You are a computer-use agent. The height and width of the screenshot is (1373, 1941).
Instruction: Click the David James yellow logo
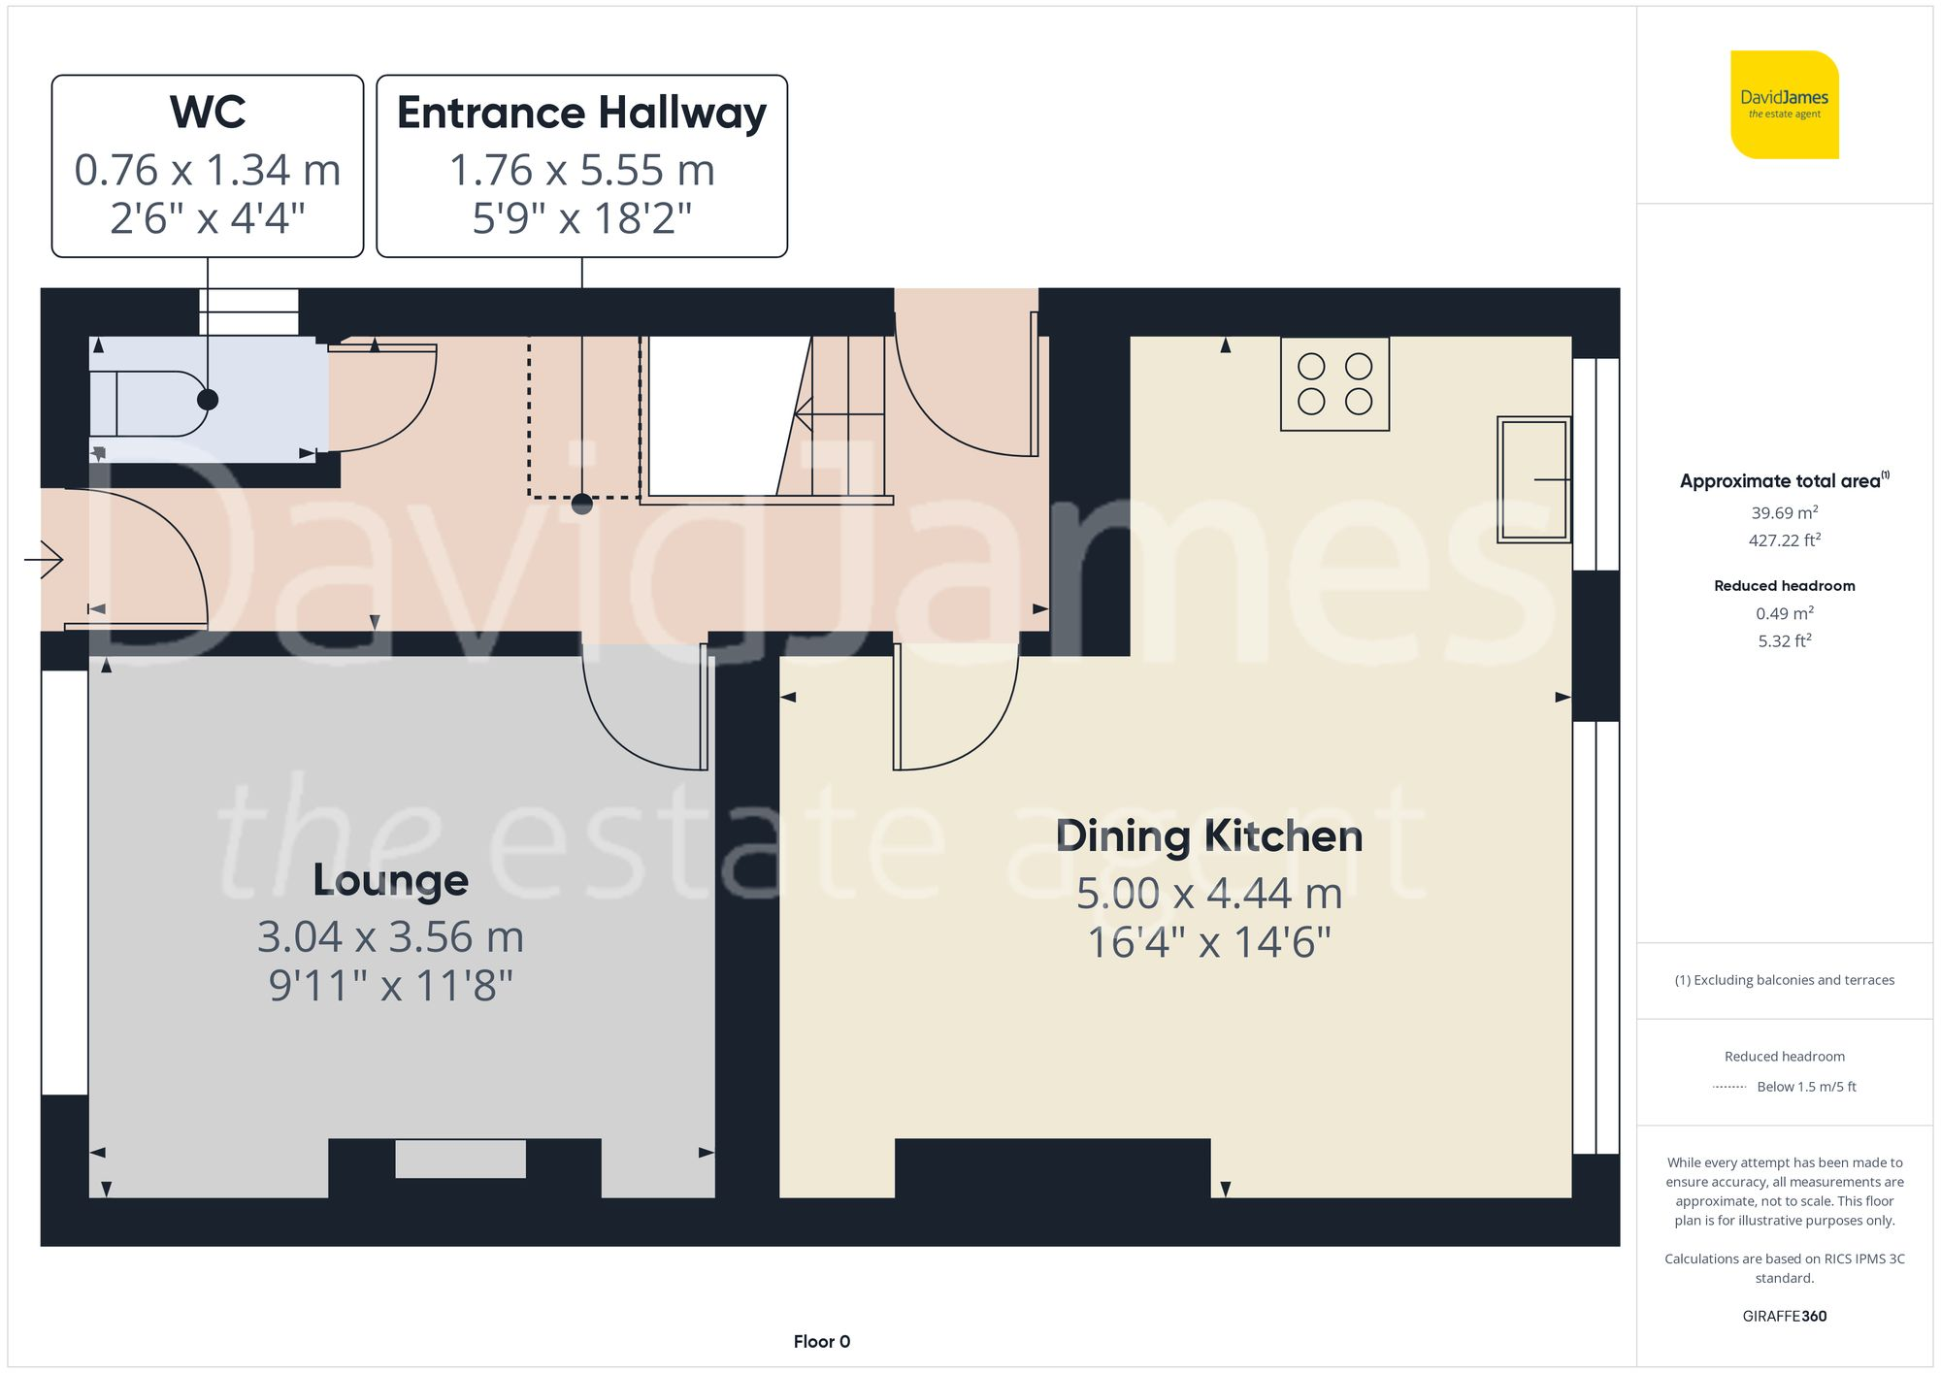1784,105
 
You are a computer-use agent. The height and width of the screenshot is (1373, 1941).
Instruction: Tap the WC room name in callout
208,113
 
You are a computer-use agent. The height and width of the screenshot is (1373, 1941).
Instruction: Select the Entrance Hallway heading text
581,114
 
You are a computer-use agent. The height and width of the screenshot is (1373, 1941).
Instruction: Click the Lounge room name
390,880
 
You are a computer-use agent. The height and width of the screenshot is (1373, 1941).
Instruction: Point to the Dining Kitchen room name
1209,836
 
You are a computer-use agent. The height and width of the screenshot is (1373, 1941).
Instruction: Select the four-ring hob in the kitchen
1334,383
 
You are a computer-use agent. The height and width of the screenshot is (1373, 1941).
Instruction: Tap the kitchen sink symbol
1532,479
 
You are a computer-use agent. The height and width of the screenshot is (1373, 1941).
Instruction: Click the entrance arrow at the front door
44,559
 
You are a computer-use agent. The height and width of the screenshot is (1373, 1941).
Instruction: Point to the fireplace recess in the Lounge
460,1159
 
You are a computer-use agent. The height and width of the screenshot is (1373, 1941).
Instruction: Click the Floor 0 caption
821,1342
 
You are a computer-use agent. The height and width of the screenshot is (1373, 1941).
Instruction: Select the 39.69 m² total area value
1784,512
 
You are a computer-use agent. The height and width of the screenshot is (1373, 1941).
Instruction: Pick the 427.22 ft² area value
1784,540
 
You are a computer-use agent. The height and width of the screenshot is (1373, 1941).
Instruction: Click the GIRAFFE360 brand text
1784,1317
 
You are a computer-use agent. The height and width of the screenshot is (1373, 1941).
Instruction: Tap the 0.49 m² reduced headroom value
1784,613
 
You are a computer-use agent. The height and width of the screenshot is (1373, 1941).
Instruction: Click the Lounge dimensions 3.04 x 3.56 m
390,937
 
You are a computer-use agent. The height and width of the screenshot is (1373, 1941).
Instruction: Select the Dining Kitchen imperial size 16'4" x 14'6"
1209,942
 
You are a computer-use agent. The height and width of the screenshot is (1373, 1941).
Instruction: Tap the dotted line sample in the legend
1729,1088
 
